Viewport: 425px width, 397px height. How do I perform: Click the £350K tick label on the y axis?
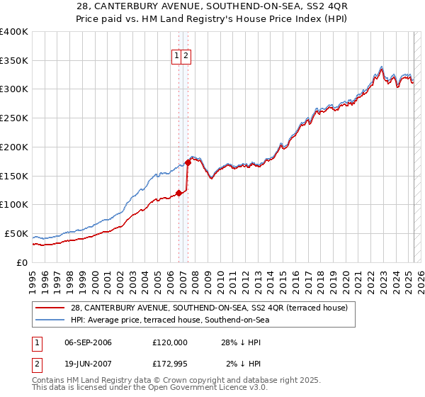pos(14,60)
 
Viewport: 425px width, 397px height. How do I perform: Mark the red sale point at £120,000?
pos(178,192)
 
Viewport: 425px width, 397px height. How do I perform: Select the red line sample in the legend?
pos(50,308)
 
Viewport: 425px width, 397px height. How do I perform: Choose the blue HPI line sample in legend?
pos(50,320)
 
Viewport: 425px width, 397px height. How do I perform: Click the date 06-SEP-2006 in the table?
pos(88,342)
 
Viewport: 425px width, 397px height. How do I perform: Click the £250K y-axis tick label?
pos(14,118)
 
